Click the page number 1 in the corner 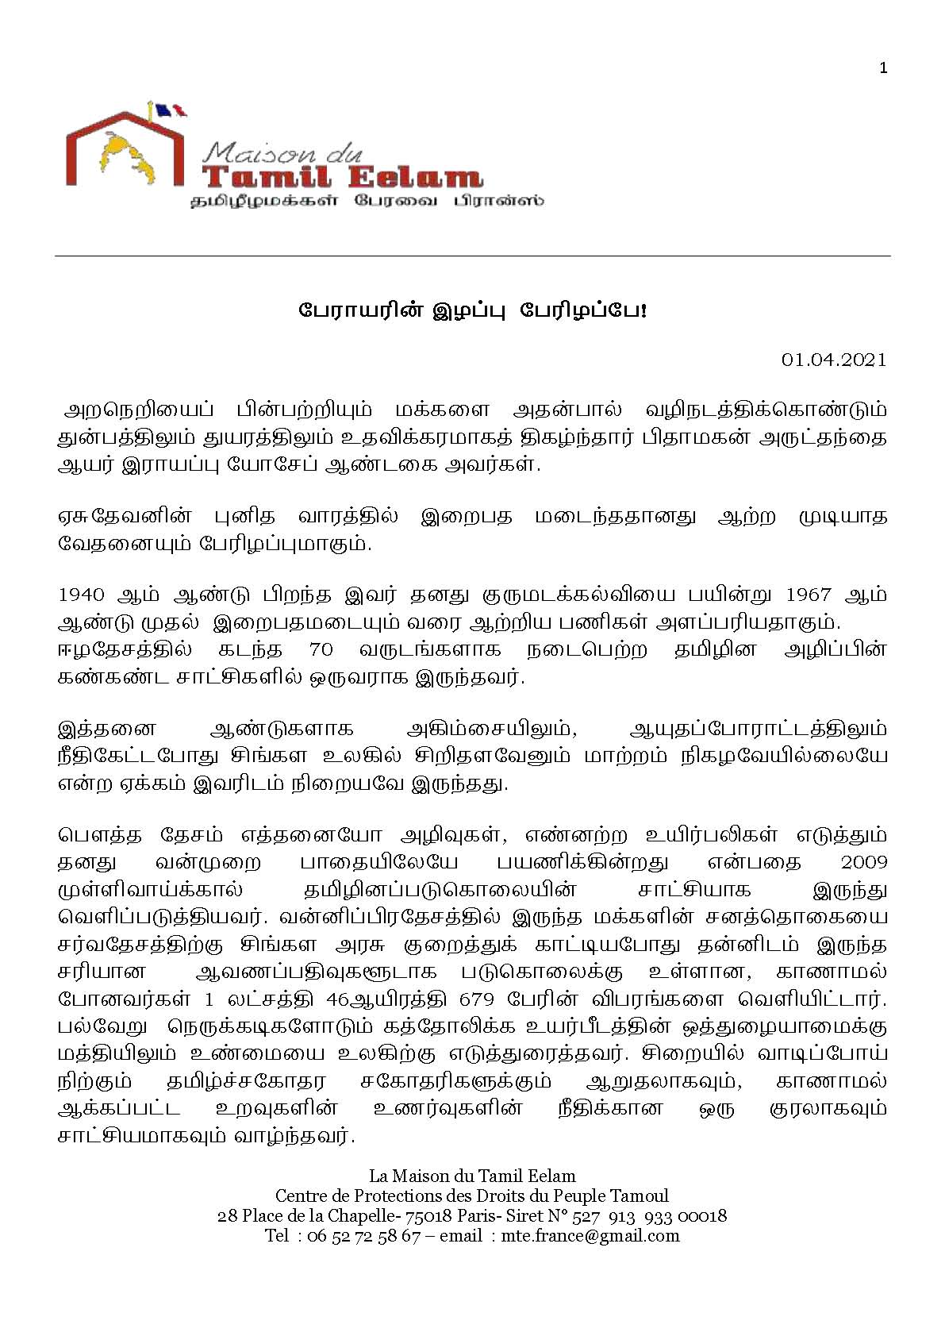pos(884,68)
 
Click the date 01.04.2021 pos(833,360)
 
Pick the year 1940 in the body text pos(82,595)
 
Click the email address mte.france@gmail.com pos(590,1235)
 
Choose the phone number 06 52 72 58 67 pos(357,1235)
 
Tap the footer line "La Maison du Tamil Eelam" pos(472,1176)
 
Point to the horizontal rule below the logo pos(472,256)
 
